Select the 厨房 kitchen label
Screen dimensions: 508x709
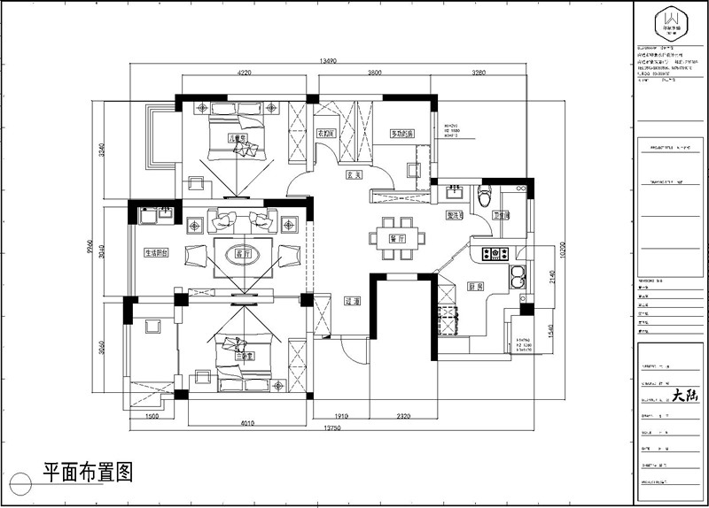pyautogui.click(x=475, y=286)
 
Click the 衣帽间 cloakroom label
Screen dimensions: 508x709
pyautogui.click(x=325, y=134)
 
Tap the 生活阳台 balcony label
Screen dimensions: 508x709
pyautogui.click(x=157, y=252)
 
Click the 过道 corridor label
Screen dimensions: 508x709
pyautogui.click(x=350, y=302)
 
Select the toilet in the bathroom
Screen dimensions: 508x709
pyautogui.click(x=483, y=196)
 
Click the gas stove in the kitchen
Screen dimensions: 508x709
pyautogui.click(x=494, y=255)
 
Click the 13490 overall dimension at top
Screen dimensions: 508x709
pyautogui.click(x=327, y=62)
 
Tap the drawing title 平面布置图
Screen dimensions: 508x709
pyautogui.click(x=87, y=473)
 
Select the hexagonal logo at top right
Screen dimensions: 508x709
pyautogui.click(x=670, y=21)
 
